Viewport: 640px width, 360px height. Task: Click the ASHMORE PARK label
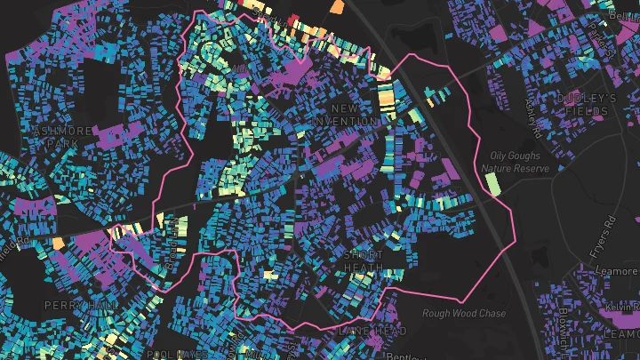click(61, 136)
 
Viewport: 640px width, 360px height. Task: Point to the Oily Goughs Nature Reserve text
click(515, 161)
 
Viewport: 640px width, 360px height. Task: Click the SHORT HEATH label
click(363, 261)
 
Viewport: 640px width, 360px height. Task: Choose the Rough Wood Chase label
click(464, 314)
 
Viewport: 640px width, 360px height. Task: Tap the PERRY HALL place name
click(82, 305)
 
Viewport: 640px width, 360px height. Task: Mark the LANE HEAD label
click(360, 331)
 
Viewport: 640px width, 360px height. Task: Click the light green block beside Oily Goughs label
click(493, 185)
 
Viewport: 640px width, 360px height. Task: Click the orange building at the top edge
click(337, 6)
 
